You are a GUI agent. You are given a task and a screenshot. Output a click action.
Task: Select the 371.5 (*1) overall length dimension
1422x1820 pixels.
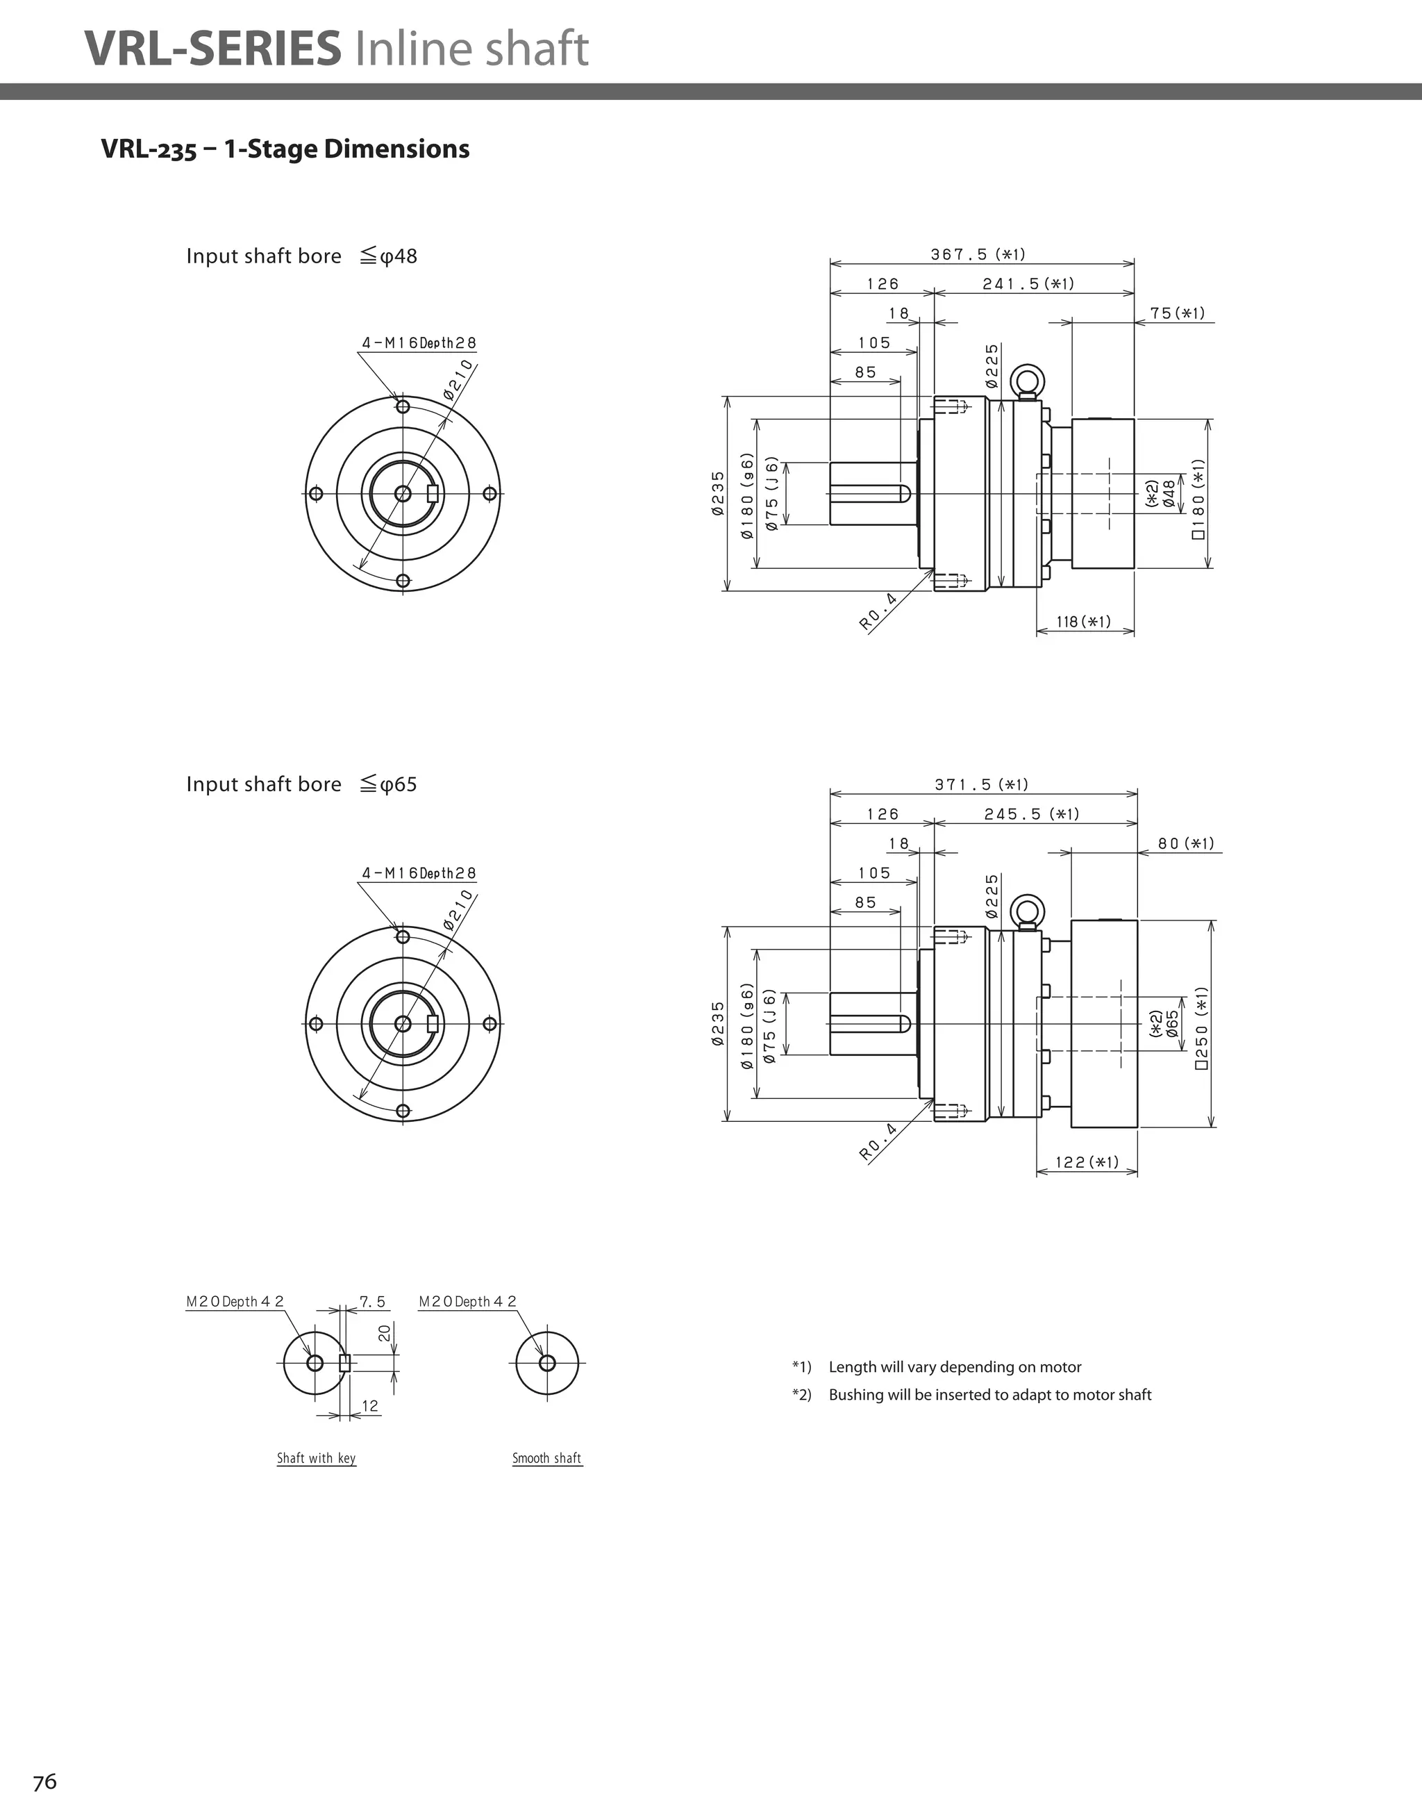click(980, 784)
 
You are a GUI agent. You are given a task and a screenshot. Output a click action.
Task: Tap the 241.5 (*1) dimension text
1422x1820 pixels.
click(1028, 283)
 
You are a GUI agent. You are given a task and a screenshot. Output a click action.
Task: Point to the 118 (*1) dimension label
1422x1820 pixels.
click(1083, 622)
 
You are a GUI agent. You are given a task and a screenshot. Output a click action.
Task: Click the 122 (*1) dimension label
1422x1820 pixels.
click(1086, 1161)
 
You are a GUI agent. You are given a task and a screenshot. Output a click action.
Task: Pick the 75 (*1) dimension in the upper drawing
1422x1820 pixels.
click(1177, 313)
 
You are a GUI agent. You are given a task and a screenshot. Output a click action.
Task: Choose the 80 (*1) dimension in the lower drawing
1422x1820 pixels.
click(1185, 843)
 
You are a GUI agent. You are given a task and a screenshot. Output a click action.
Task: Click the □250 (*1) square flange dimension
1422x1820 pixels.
click(1201, 1027)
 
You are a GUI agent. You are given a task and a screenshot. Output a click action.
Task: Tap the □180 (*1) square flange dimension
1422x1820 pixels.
click(1198, 498)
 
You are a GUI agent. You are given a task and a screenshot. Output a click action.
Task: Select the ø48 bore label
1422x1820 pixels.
click(1169, 493)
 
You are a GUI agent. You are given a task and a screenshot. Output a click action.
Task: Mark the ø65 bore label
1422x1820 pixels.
click(1172, 1024)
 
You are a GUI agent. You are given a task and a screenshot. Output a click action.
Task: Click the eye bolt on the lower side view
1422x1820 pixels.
click(1026, 911)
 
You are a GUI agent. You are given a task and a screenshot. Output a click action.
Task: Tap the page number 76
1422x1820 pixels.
click(45, 1782)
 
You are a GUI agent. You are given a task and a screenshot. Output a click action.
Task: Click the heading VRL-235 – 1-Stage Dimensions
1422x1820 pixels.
click(285, 149)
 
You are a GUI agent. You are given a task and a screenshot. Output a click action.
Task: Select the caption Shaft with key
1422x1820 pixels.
click(316, 1457)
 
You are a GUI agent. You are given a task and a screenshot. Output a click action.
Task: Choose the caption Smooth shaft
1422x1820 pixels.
click(546, 1457)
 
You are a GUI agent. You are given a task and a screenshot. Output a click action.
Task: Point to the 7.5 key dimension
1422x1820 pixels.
click(372, 1301)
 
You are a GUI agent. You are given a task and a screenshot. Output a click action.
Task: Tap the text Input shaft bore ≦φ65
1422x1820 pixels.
click(301, 784)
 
